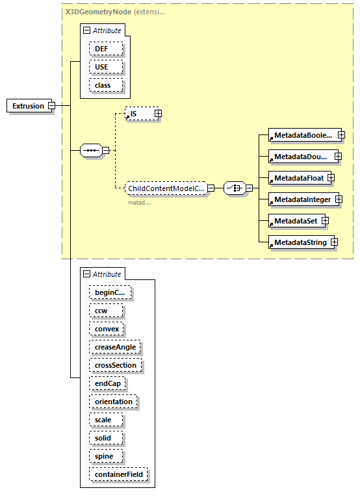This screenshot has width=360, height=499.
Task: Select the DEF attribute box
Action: tap(102, 49)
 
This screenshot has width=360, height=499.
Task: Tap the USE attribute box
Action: tap(102, 67)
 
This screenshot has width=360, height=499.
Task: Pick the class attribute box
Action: tap(103, 85)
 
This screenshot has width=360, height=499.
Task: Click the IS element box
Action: tap(138, 114)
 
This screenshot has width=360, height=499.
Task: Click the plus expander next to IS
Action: tap(158, 114)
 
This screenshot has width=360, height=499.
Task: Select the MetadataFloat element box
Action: tap(297, 177)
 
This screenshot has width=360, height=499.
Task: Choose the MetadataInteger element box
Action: tap(302, 199)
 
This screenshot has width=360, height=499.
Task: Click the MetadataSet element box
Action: tap(294, 221)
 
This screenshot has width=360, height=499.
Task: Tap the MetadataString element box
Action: tap(298, 242)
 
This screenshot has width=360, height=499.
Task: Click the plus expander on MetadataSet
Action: tap(326, 221)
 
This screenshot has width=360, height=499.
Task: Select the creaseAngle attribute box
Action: tap(115, 347)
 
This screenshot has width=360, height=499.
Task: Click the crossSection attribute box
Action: tap(116, 365)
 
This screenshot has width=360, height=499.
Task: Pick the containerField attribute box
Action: tap(119, 474)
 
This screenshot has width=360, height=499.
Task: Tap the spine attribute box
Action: tap(104, 456)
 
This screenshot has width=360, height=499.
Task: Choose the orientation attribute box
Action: tap(113, 402)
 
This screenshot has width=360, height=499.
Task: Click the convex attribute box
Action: tap(107, 329)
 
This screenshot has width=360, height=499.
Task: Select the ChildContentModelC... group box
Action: tap(166, 188)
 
